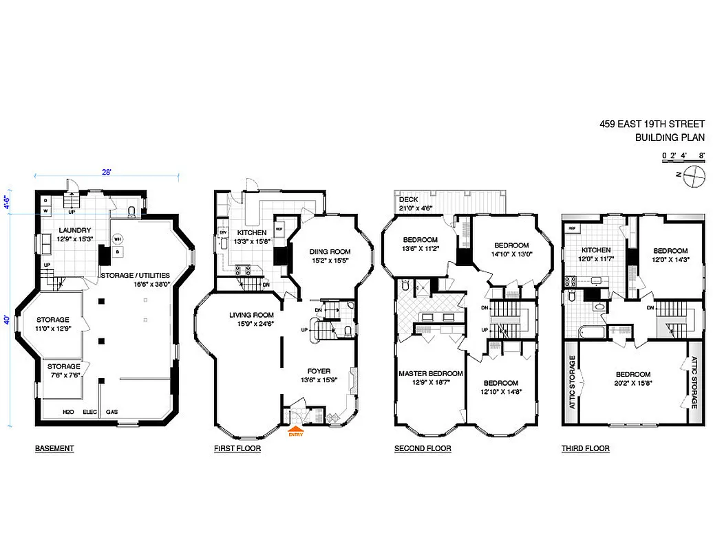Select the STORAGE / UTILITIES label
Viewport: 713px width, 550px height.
point(135,275)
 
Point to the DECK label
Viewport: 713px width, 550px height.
point(409,199)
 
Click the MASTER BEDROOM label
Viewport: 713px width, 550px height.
point(431,373)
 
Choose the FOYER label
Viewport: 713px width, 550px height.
point(319,371)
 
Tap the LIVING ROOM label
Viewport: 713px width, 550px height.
point(252,316)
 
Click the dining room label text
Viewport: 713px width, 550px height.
point(330,252)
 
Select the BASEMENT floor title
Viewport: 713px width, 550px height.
point(54,449)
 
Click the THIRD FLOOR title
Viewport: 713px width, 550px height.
point(585,449)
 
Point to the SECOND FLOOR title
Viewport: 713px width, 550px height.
point(423,449)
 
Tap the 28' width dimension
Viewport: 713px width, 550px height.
point(107,173)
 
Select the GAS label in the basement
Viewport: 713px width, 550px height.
point(111,412)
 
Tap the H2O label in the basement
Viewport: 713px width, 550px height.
point(68,412)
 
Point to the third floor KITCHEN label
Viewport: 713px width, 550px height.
point(596,250)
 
